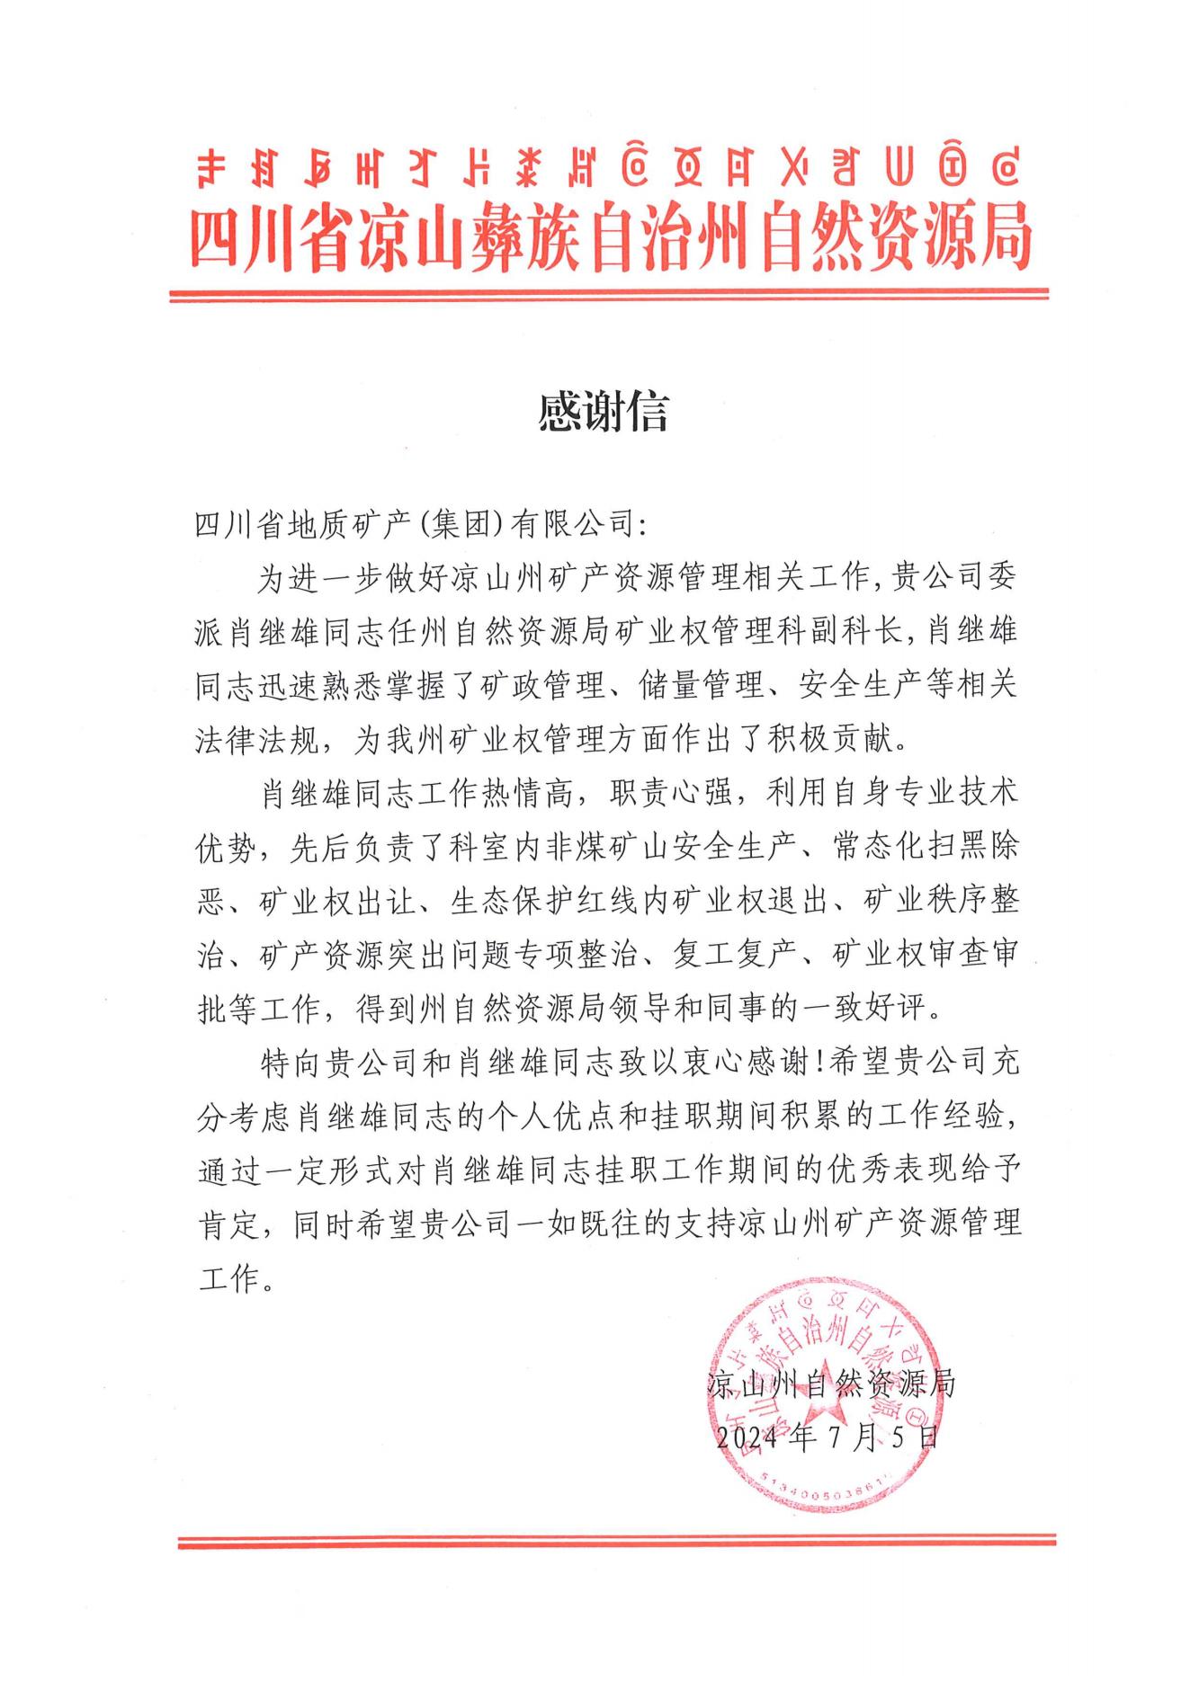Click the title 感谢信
click(x=603, y=413)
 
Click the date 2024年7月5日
click(x=827, y=1437)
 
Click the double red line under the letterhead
click(x=609, y=294)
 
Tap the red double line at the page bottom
click(x=616, y=1542)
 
